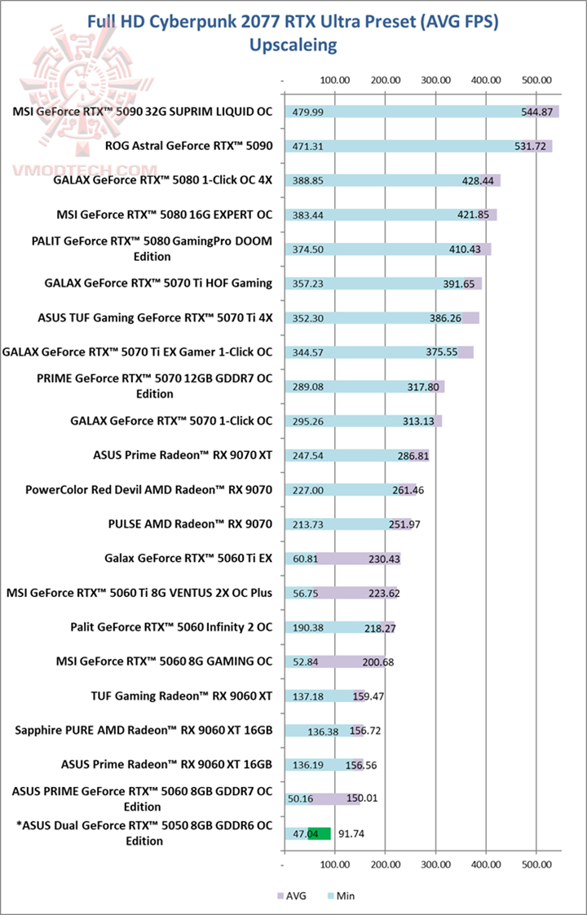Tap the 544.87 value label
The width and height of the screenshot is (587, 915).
[x=537, y=112]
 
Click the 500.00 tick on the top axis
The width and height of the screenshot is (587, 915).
[x=536, y=80]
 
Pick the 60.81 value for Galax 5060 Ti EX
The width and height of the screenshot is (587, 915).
[x=303, y=559]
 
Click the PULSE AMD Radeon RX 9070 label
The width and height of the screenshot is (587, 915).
[x=190, y=524]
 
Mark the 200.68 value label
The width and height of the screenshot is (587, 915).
[x=378, y=661]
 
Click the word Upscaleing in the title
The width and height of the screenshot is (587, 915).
[x=293, y=45]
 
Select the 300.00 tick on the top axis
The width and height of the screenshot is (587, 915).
[x=435, y=80]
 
